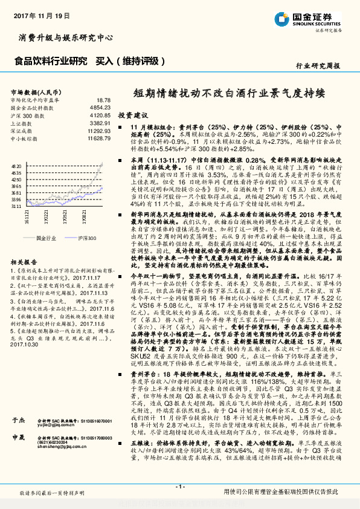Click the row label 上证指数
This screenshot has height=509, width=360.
tap(21, 123)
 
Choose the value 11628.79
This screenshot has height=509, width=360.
tap(98, 138)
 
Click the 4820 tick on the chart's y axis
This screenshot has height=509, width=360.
tap(16, 165)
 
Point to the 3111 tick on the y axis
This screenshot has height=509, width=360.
tap(16, 206)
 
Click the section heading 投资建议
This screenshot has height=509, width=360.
tap(133, 114)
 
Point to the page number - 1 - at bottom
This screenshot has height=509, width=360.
tap(179, 487)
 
